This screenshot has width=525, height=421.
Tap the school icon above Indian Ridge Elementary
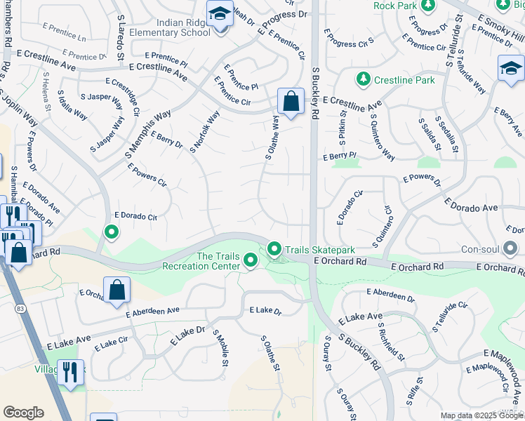(220, 13)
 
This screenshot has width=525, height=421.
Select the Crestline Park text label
(404, 80)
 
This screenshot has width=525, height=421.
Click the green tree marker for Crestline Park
(363, 79)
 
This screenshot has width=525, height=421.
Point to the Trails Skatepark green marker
(274, 249)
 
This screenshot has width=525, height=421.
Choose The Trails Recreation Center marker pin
(251, 261)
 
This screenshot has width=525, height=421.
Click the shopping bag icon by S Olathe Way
(291, 101)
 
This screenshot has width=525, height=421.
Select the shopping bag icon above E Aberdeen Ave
(117, 289)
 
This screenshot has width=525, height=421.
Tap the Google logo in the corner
(23, 413)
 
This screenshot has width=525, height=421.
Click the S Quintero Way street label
(383, 138)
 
